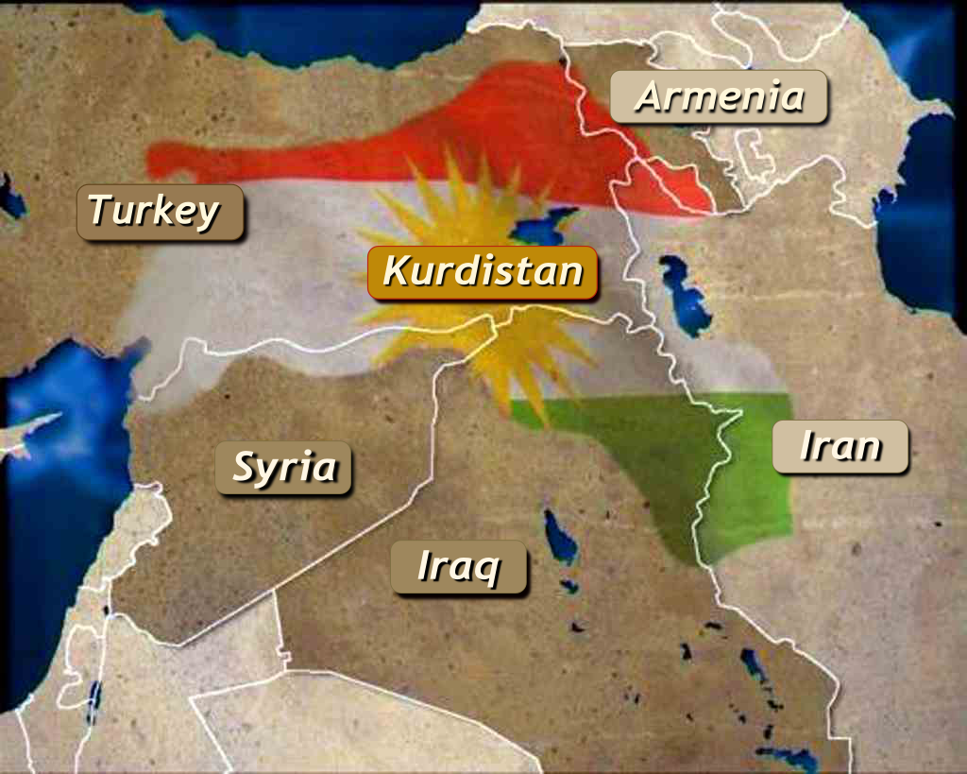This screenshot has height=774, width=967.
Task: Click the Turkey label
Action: pyautogui.click(x=160, y=212)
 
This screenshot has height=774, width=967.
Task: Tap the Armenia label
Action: pyautogui.click(x=719, y=96)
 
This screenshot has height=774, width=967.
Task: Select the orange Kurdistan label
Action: pyautogui.click(x=483, y=273)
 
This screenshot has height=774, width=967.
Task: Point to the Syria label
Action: pyautogui.click(x=283, y=468)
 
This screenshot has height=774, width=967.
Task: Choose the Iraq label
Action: pyautogui.click(x=458, y=567)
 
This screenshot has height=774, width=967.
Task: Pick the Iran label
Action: pyautogui.click(x=840, y=446)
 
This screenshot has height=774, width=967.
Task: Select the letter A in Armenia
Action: pyautogui.click(x=648, y=96)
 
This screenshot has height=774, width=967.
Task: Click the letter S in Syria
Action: pyautogui.click(x=245, y=467)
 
